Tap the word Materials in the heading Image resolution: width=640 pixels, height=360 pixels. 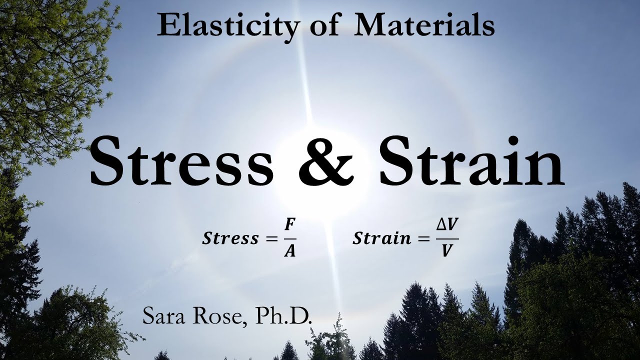(x=424, y=26)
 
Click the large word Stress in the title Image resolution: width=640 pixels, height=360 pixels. (x=182, y=161)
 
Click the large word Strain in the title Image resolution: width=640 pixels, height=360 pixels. (x=471, y=161)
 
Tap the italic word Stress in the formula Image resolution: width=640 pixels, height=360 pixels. (x=230, y=238)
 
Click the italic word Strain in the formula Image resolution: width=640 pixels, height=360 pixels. (x=382, y=238)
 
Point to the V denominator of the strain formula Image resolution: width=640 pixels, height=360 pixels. (x=447, y=251)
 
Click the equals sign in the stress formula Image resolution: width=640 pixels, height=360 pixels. (x=270, y=239)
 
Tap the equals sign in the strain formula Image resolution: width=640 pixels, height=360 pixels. (x=423, y=239)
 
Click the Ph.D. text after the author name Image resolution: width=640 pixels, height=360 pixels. (x=283, y=316)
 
